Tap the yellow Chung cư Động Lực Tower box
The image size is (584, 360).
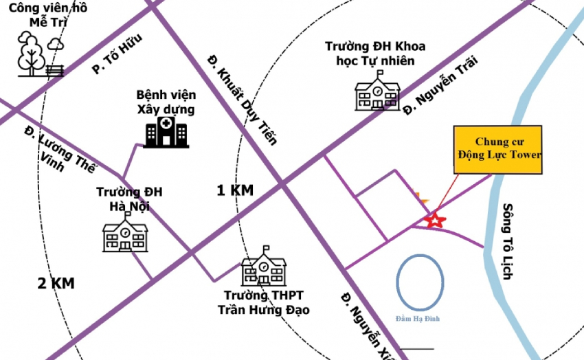pyautogui.click(x=499, y=150)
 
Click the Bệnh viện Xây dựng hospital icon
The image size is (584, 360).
pyautogui.click(x=165, y=131)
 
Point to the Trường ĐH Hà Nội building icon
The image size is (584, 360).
pyautogui.click(x=125, y=232)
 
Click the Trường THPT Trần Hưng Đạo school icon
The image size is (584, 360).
pyautogui.click(x=263, y=270)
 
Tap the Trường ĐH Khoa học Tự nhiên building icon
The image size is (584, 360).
pyautogui.click(x=377, y=91)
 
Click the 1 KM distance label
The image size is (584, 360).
pyautogui.click(x=234, y=190)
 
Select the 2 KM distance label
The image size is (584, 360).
pyautogui.click(x=56, y=282)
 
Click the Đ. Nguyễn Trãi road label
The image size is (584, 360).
pyautogui.click(x=439, y=85)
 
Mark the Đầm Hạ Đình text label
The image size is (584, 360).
pyautogui.click(x=418, y=318)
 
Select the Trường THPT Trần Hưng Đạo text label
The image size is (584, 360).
pyautogui.click(x=263, y=303)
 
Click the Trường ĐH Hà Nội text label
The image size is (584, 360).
pyautogui.click(x=129, y=199)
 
